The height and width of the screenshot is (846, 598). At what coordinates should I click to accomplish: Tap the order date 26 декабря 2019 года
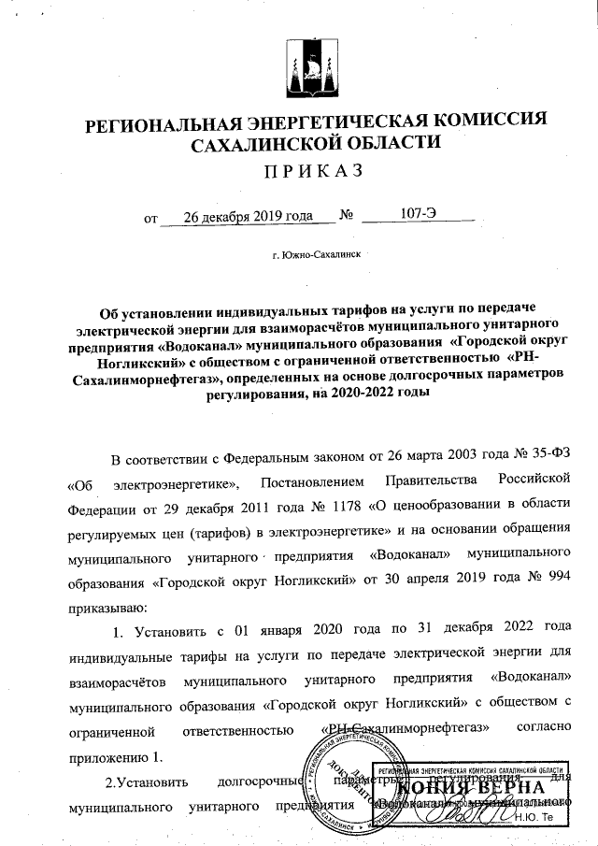(248, 216)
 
